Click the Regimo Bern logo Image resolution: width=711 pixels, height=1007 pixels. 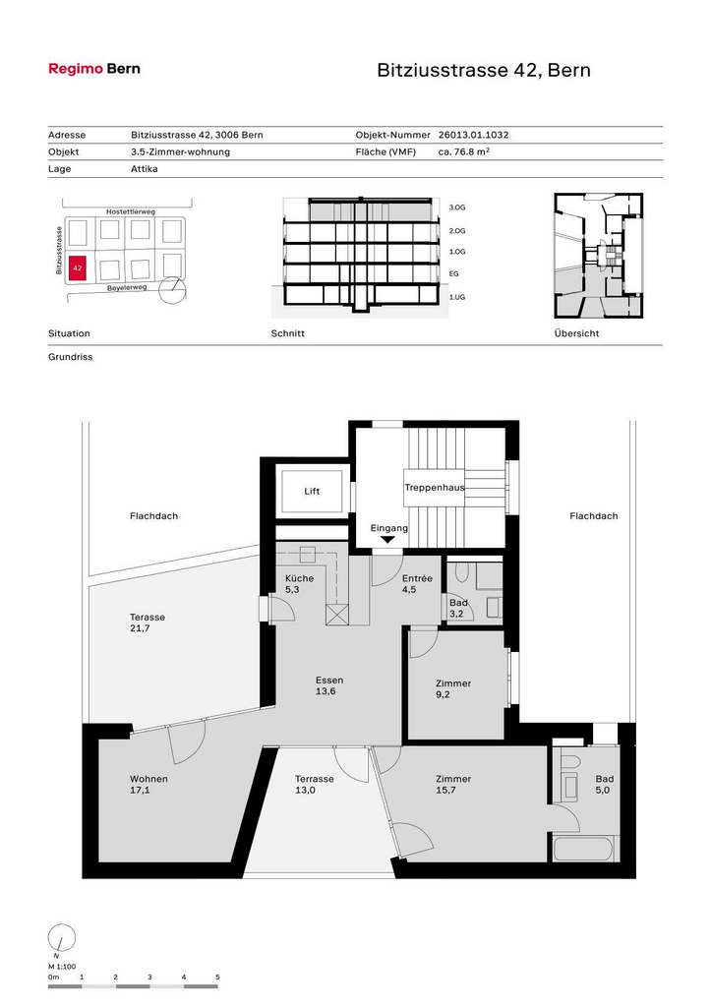tap(94, 69)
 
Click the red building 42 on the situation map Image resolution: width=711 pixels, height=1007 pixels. tap(77, 267)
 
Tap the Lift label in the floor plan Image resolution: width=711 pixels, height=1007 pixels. tap(312, 492)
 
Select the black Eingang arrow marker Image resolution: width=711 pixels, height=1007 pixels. tap(387, 540)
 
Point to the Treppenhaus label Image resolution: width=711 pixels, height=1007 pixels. tap(435, 488)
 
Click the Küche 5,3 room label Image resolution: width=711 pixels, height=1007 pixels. tap(299, 584)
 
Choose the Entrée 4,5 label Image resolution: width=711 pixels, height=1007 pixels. tap(417, 584)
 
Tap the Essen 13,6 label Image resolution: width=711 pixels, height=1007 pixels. tap(329, 685)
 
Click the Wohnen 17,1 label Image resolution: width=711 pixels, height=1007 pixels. tap(148, 784)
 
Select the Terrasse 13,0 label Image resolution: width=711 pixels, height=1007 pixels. tap(314, 784)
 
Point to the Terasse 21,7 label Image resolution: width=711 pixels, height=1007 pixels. tap(148, 622)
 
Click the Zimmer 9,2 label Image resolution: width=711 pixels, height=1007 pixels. tap(452, 688)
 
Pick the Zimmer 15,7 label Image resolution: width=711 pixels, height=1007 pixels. tap(452, 784)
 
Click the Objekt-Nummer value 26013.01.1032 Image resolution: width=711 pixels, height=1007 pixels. tap(473, 135)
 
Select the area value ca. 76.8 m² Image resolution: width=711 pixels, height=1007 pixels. tap(464, 151)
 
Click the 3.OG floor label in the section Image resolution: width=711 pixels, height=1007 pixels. tap(456, 207)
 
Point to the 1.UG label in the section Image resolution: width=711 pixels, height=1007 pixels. tap(456, 297)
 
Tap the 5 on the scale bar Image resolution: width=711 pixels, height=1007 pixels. tap(217, 977)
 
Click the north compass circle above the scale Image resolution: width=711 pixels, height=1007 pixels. tap(62, 937)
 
